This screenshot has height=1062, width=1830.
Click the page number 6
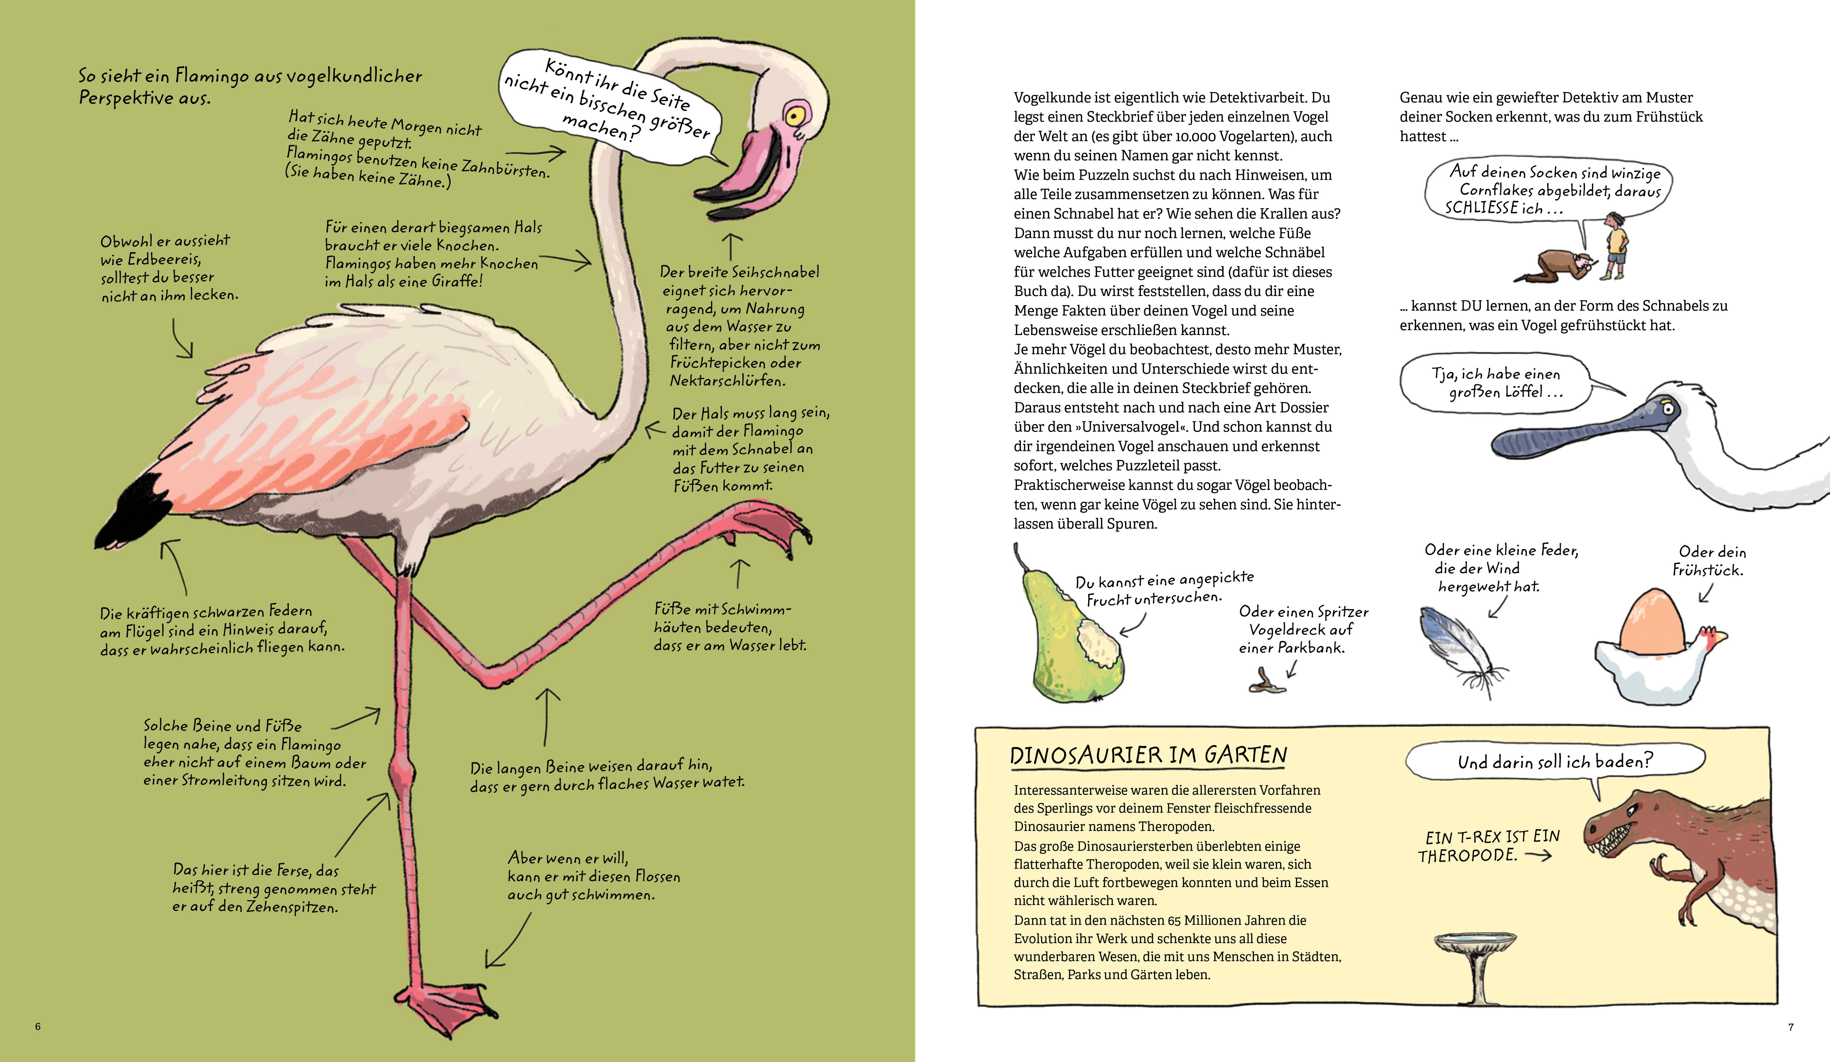pos(38,1026)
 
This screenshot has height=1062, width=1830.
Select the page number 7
pos(1791,1026)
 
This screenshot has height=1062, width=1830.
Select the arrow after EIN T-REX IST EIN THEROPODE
pos(1538,856)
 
